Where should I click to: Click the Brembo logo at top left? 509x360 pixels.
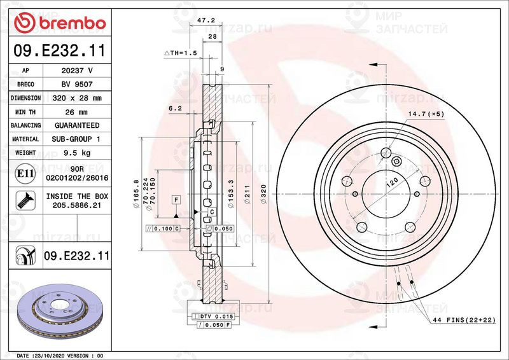click(x=60, y=22)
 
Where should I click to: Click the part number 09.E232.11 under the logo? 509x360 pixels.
click(x=60, y=51)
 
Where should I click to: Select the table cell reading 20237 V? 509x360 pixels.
click(x=77, y=71)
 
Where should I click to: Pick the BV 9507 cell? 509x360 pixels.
click(x=77, y=85)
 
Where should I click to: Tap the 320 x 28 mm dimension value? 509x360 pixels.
click(x=77, y=98)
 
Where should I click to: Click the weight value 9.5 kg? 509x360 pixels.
click(x=77, y=153)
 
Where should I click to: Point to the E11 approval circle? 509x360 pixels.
click(x=25, y=174)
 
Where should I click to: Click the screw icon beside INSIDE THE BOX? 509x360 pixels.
click(x=25, y=200)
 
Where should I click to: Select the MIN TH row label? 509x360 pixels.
click(x=25, y=112)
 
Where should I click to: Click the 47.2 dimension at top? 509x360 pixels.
click(x=206, y=20)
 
